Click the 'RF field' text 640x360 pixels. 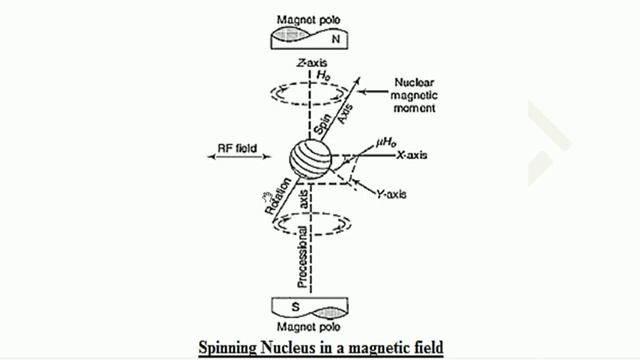click(238, 150)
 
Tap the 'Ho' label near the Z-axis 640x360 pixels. click(323, 75)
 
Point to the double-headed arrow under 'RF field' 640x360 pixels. click(238, 163)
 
